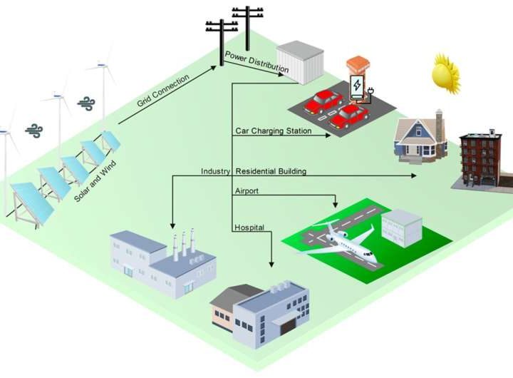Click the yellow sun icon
[x=447, y=73]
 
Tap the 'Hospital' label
[x=249, y=228]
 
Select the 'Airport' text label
[x=247, y=191]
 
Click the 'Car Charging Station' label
[x=273, y=131]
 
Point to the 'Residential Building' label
[x=271, y=171]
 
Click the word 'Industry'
[x=214, y=171]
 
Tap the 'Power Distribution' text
[x=256, y=63]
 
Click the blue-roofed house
[x=421, y=137]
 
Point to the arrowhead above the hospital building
[x=271, y=264]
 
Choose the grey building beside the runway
[x=400, y=228]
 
